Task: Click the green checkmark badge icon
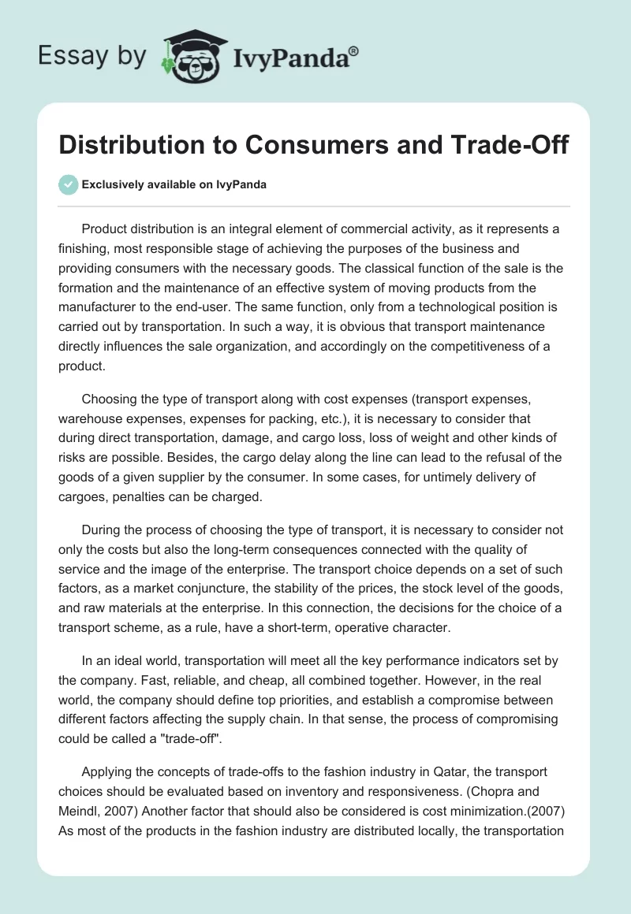pyautogui.click(x=68, y=184)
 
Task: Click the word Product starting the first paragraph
pyautogui.click(x=106, y=229)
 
